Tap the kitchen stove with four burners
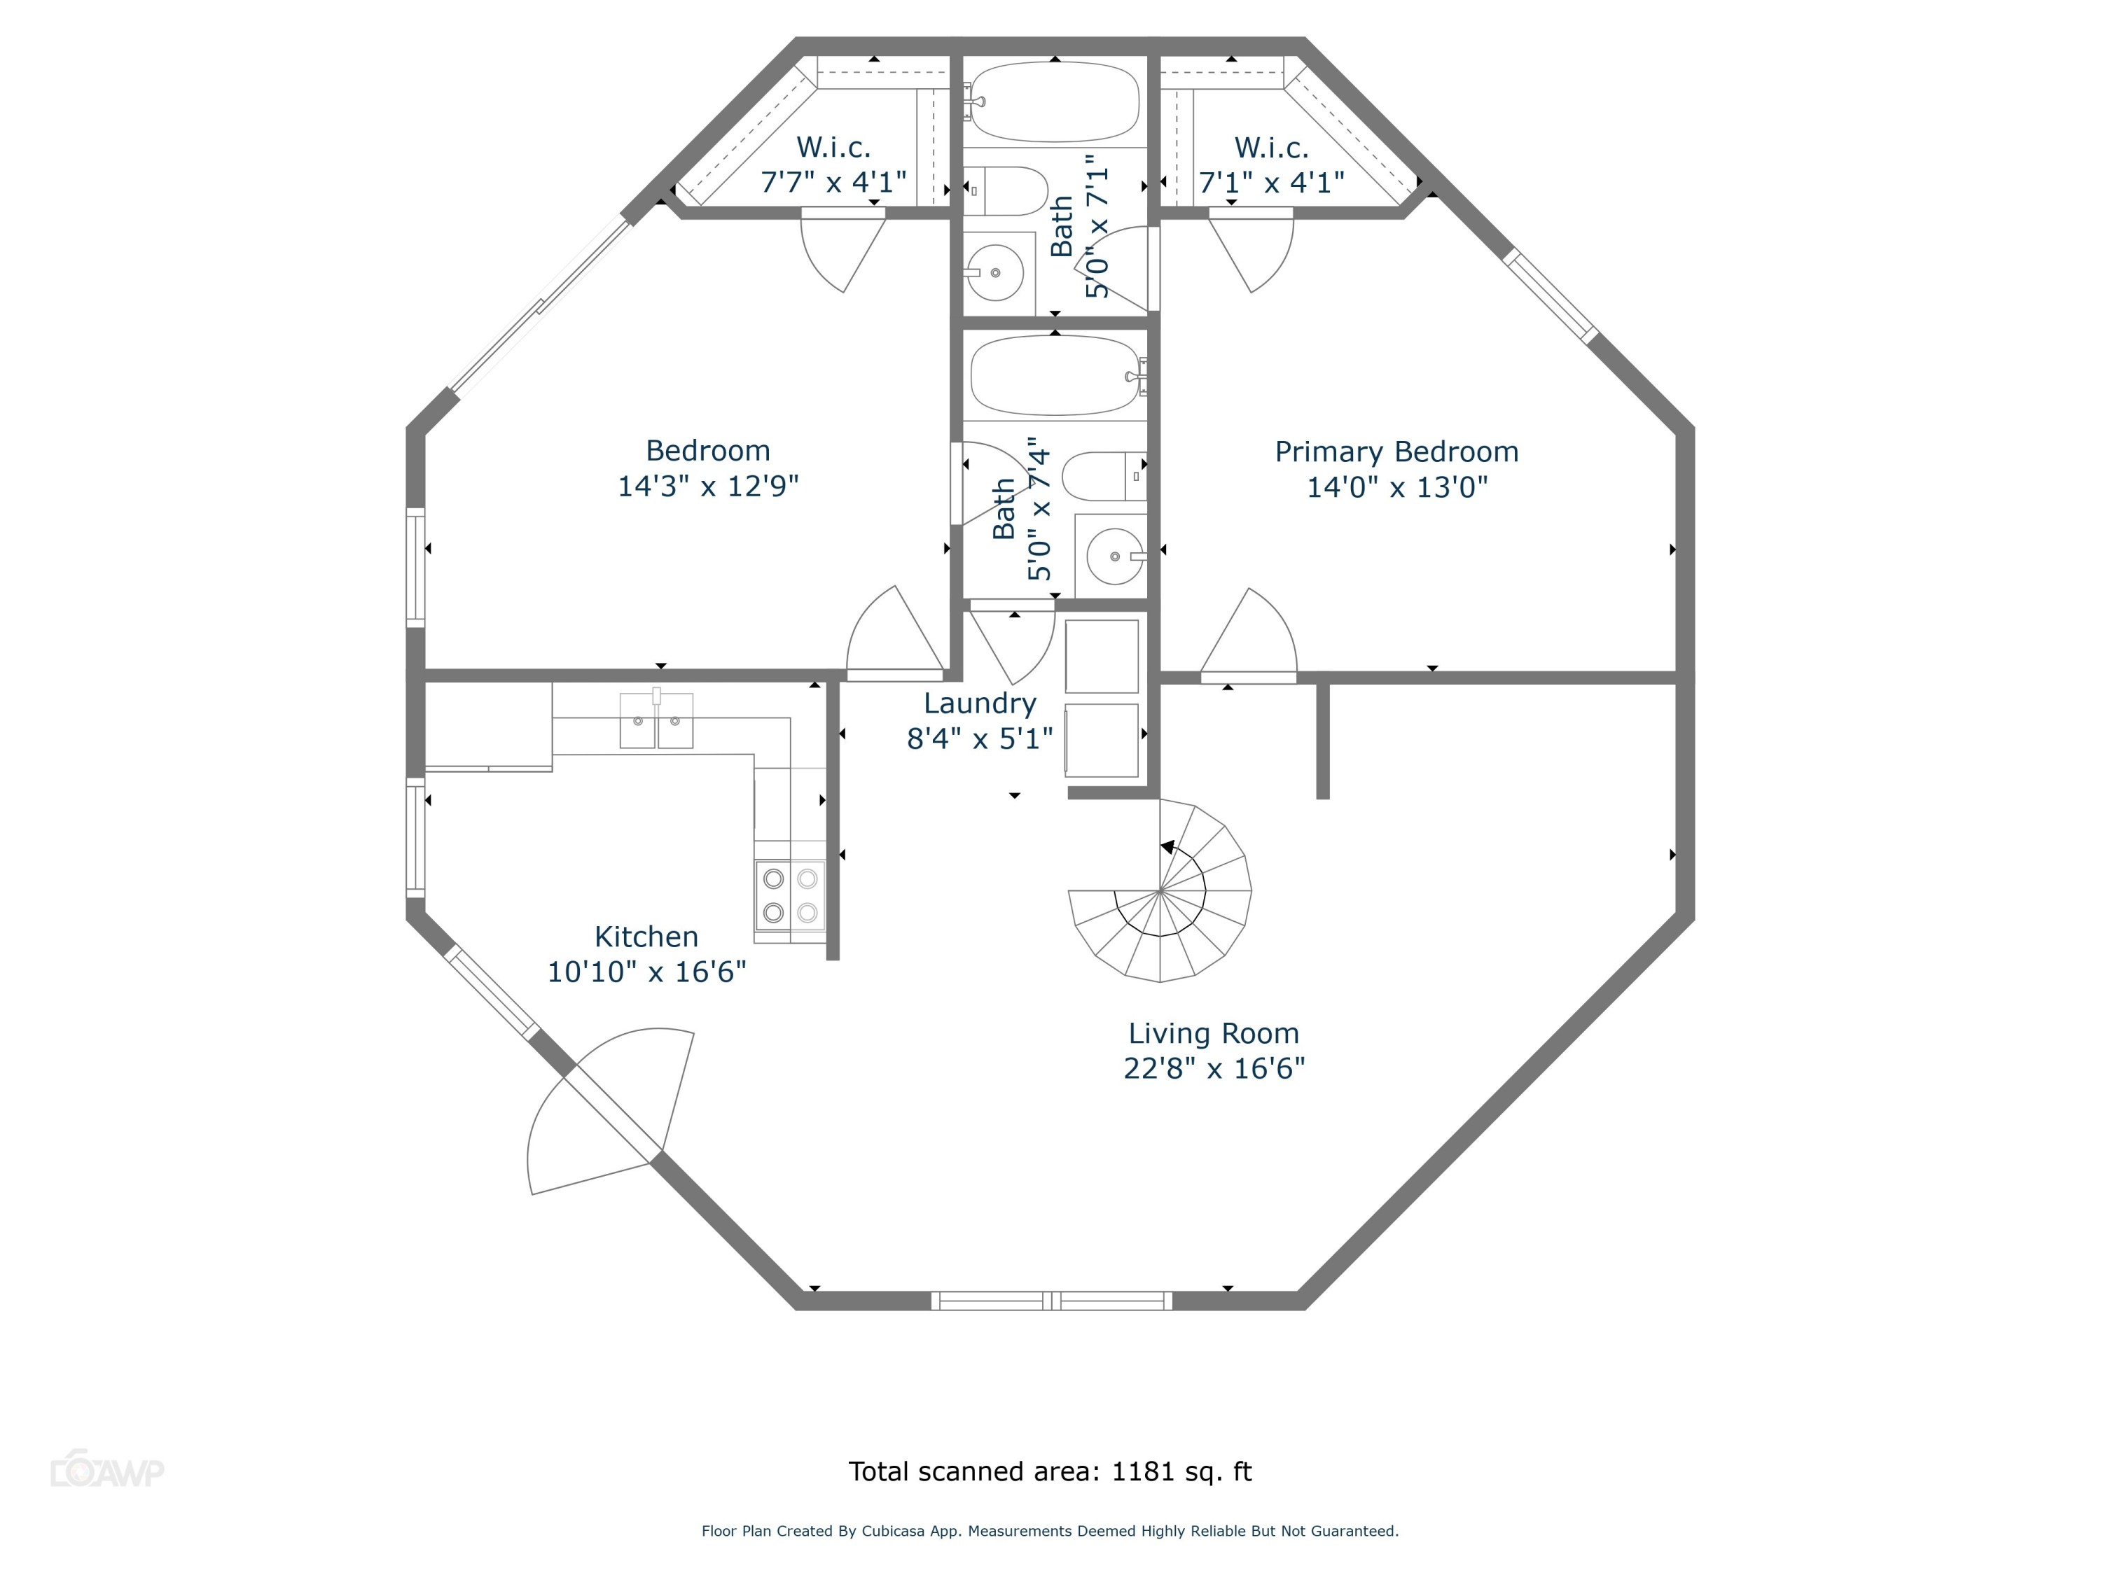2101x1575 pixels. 790,895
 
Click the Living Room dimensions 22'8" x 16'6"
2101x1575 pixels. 1214,1069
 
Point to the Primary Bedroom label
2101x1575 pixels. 1396,452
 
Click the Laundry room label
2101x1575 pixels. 979,703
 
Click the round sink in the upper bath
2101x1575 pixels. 995,272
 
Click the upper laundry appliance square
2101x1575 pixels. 1102,656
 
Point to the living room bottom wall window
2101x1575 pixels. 1051,1301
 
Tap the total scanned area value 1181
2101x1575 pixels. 1144,1471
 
